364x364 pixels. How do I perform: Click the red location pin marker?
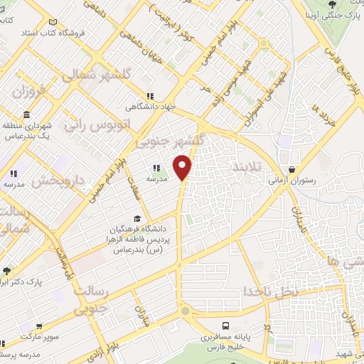[183, 167]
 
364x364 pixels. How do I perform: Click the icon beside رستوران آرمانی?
[292, 169]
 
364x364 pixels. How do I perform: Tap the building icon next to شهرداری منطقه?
[26, 115]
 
